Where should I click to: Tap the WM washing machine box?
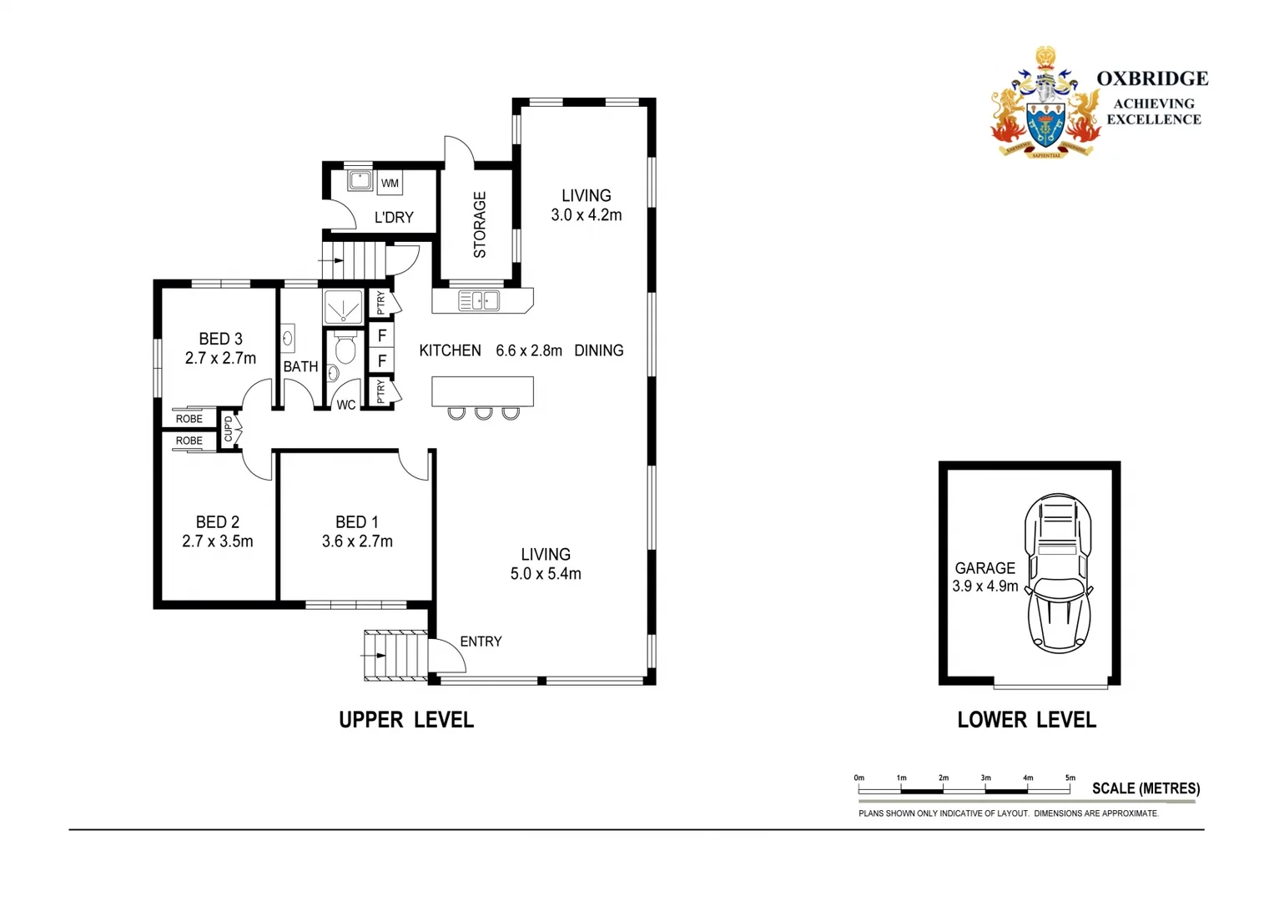tap(390, 183)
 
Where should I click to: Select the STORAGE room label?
tap(480, 224)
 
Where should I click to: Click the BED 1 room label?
tap(356, 522)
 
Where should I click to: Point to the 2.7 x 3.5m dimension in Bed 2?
tap(217, 541)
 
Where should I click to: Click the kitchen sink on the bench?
tap(479, 300)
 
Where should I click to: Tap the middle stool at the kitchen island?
tap(483, 412)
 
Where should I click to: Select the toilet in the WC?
tap(345, 348)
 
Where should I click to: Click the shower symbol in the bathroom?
tap(343, 307)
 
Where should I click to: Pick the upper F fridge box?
tap(381, 335)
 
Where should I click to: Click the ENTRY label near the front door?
tap(481, 642)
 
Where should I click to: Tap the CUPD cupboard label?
tap(229, 429)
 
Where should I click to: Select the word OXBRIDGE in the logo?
tap(1151, 78)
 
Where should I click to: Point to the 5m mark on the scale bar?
tap(1070, 778)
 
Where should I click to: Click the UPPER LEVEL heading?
tap(405, 720)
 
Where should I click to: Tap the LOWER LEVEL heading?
tap(1026, 720)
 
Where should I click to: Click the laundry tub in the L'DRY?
tap(360, 180)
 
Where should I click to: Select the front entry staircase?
tap(395, 656)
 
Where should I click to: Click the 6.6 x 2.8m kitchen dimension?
tap(528, 351)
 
